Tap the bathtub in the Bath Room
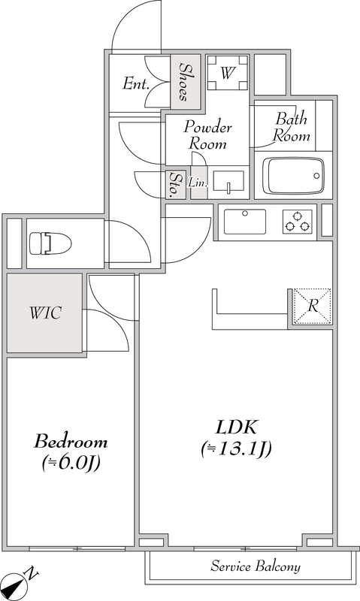click(295, 176)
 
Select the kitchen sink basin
click(244, 222)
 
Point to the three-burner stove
click(298, 222)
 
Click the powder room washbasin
click(228, 183)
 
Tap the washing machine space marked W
click(227, 72)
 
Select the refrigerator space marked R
click(313, 307)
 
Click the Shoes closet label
click(186, 82)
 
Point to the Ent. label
click(136, 83)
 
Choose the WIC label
click(45, 313)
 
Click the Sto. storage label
click(175, 185)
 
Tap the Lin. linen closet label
click(198, 183)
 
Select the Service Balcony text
click(256, 566)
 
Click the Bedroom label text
click(71, 442)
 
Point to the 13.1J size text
click(236, 448)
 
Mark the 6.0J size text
click(71, 463)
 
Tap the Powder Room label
click(207, 135)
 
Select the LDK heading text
click(236, 427)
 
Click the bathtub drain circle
click(316, 176)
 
